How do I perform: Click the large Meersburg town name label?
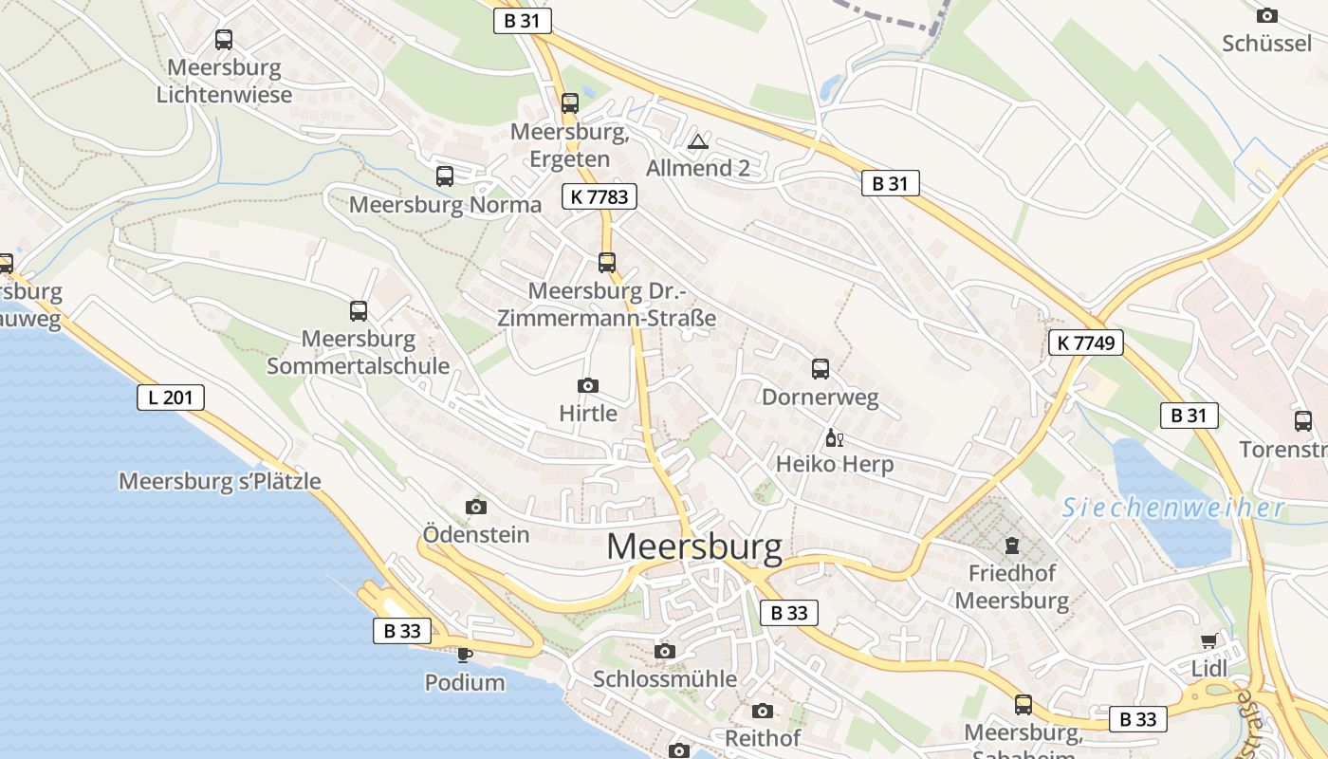click(x=694, y=547)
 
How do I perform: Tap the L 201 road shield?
click(x=171, y=397)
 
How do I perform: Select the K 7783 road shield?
click(x=599, y=196)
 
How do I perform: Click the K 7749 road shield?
click(x=1086, y=342)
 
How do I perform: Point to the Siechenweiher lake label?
click(x=1172, y=508)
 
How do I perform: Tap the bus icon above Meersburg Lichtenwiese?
click(x=224, y=40)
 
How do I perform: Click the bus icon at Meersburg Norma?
click(x=445, y=176)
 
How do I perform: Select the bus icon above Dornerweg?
click(x=821, y=368)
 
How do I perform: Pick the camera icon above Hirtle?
click(x=588, y=385)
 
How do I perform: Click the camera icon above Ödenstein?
click(x=476, y=507)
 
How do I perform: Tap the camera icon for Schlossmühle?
click(x=665, y=651)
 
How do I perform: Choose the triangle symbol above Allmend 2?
click(x=698, y=142)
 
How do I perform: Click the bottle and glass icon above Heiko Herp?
click(x=834, y=437)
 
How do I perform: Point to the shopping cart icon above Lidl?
click(x=1208, y=641)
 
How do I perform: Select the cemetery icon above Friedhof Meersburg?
click(x=1012, y=546)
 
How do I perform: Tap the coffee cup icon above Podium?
click(x=464, y=654)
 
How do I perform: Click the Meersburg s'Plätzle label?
click(x=220, y=481)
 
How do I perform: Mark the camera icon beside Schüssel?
click(x=1266, y=15)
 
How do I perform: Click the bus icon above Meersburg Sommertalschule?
click(x=359, y=310)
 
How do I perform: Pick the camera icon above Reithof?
click(x=763, y=711)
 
